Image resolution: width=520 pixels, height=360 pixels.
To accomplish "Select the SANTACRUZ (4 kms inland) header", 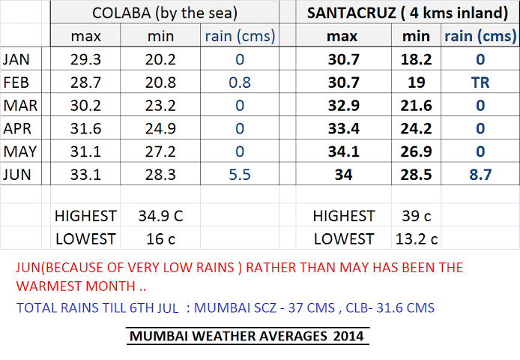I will coord(403,13).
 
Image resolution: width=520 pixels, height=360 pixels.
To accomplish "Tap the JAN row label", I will coord(19,59).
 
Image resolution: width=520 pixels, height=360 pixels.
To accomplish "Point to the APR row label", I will coord(19,128).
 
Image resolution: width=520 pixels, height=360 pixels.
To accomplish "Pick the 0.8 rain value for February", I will coord(240,82).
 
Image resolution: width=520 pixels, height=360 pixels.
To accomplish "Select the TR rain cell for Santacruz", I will coord(480,82).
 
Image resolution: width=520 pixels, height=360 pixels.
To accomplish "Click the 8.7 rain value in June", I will coord(480,175).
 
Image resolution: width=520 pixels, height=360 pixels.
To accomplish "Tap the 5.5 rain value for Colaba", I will coord(240,175).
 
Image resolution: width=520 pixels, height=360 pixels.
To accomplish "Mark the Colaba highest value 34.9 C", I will coord(161,216).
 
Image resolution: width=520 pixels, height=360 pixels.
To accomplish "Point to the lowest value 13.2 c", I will coord(417,239).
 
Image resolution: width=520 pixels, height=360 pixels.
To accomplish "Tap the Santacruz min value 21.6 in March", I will coord(417,106).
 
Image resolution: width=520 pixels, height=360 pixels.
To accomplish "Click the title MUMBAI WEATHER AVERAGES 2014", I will coord(247,336).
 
